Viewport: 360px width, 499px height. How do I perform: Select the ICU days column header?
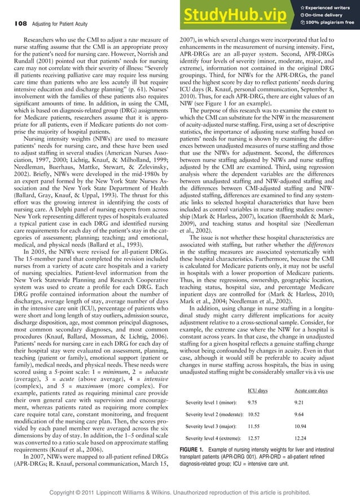259,390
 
